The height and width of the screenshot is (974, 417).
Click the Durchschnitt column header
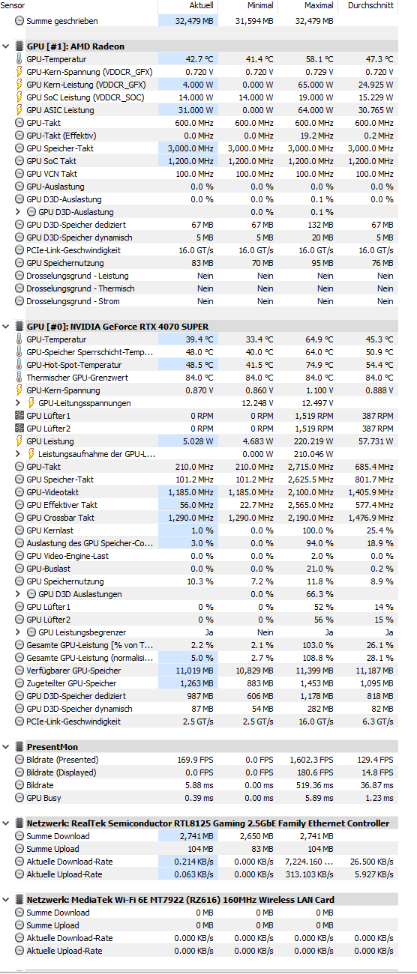tap(370, 6)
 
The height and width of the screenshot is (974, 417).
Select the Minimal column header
tap(260, 6)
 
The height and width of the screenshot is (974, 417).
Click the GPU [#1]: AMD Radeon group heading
tap(76, 46)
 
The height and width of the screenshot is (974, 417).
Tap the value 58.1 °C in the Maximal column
tap(320, 59)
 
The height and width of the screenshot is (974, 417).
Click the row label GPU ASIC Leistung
tap(60, 110)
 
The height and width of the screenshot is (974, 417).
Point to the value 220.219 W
tap(313, 441)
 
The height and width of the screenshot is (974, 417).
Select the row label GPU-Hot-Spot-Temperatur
tap(74, 365)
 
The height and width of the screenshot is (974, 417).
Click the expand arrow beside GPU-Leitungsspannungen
tap(18, 403)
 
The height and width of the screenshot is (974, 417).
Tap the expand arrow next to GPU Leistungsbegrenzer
tap(18, 632)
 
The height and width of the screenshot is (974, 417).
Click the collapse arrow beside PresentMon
tap(6, 747)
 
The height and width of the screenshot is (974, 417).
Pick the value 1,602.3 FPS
tap(312, 760)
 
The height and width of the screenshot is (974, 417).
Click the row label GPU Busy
tap(43, 798)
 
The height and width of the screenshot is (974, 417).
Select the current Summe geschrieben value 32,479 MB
tap(194, 21)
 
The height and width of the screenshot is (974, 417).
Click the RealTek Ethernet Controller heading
tap(208, 823)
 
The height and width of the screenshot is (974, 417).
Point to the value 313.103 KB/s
tap(310, 874)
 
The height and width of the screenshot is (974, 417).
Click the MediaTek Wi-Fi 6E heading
tap(180, 900)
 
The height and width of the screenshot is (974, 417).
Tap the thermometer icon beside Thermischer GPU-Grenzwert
tap(19, 378)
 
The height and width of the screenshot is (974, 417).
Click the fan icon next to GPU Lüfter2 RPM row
tap(19, 429)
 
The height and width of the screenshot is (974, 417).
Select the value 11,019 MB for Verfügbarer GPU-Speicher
tap(194, 671)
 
